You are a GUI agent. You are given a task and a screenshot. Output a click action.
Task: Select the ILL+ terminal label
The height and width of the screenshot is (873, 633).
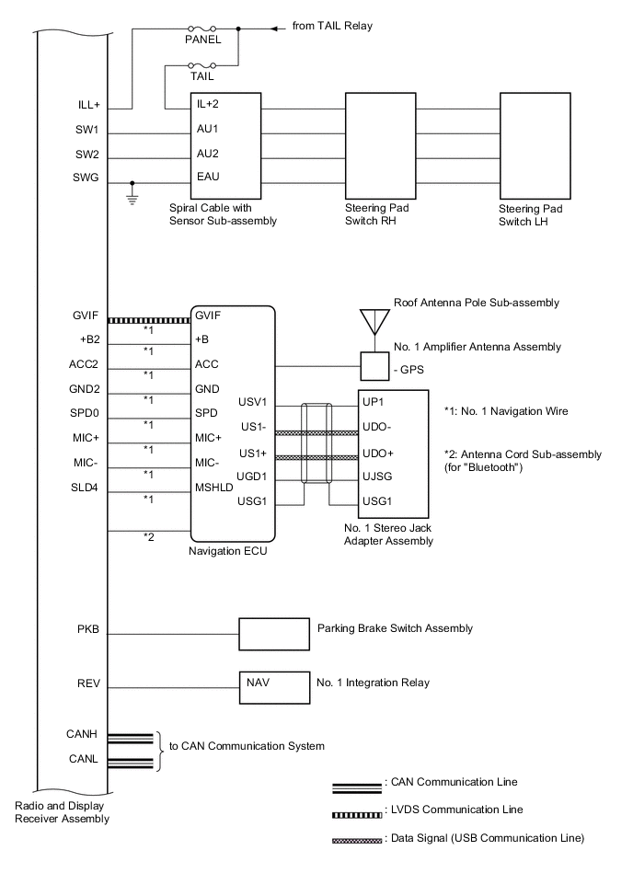90,104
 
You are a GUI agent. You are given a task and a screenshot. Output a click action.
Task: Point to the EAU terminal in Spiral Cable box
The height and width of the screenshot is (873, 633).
208,176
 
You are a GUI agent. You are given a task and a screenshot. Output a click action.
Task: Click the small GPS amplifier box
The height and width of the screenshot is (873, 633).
374,365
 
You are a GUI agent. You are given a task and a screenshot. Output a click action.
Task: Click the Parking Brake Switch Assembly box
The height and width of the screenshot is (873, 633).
274,634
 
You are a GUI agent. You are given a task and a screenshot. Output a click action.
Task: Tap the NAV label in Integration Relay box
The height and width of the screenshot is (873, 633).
258,683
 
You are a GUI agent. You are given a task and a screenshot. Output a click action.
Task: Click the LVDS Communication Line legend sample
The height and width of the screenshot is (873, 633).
356,810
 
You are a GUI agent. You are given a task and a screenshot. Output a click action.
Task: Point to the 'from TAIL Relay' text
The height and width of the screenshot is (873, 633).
332,28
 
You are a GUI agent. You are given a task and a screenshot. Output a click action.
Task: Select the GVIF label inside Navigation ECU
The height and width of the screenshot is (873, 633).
209,315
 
